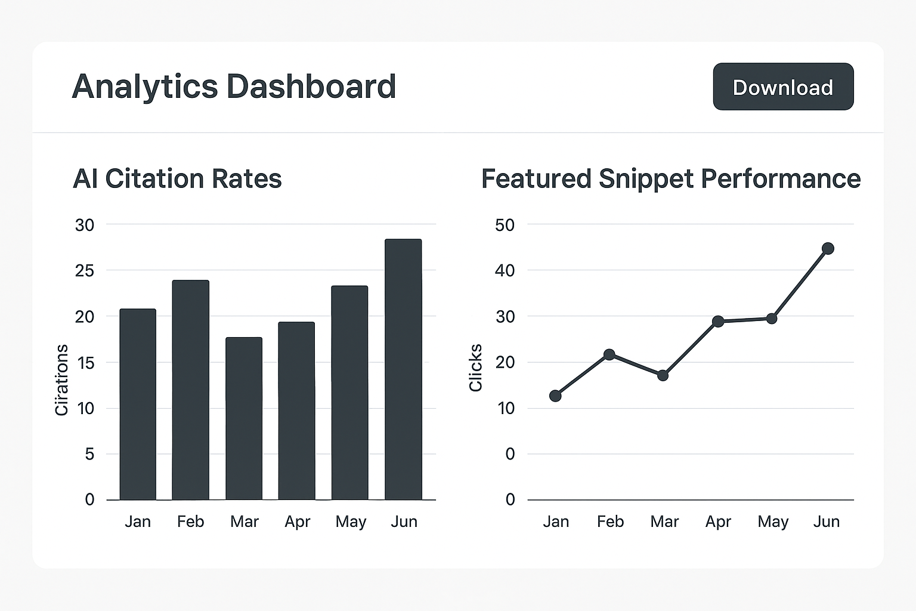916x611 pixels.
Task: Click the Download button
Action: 783,87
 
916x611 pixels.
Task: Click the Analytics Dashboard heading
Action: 234,87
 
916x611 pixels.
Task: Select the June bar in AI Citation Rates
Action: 403,369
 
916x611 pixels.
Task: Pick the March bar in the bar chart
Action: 244,418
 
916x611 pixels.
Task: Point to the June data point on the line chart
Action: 828,248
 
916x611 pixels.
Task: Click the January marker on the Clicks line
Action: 555,396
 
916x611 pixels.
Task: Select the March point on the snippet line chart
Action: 663,375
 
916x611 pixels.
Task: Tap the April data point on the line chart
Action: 718,322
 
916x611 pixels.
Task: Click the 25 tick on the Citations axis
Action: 85,271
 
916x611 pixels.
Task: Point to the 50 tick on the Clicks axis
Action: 505,225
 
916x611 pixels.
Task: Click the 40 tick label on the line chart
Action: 505,271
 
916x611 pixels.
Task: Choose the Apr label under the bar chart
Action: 297,521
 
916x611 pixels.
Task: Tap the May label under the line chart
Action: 773,521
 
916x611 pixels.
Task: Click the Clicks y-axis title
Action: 475,368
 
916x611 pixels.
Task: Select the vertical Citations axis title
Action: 61,380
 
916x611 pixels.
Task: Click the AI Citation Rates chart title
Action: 177,179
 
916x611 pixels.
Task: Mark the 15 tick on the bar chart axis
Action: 85,363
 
